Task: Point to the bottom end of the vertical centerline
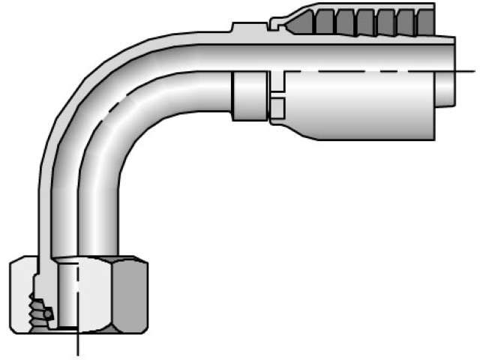tap(77, 352)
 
